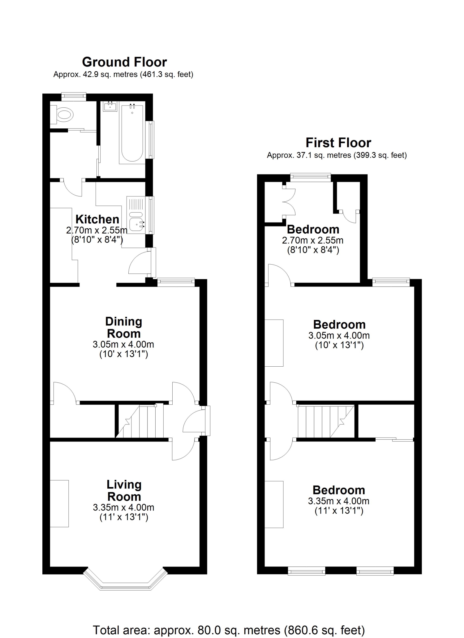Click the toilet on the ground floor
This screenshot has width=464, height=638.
point(62,114)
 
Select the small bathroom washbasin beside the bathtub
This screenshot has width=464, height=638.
point(110,106)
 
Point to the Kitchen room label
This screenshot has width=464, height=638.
point(97,219)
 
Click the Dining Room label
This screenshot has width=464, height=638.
point(124,327)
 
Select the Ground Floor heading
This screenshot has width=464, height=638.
point(124,62)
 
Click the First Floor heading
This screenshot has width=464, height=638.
point(338,143)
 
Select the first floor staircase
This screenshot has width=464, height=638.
point(326,421)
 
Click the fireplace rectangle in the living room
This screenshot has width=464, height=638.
point(59,503)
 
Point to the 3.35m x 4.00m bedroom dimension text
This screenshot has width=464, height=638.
point(339,501)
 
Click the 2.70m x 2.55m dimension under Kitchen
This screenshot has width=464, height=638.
point(97,230)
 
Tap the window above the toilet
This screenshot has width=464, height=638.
point(73,96)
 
